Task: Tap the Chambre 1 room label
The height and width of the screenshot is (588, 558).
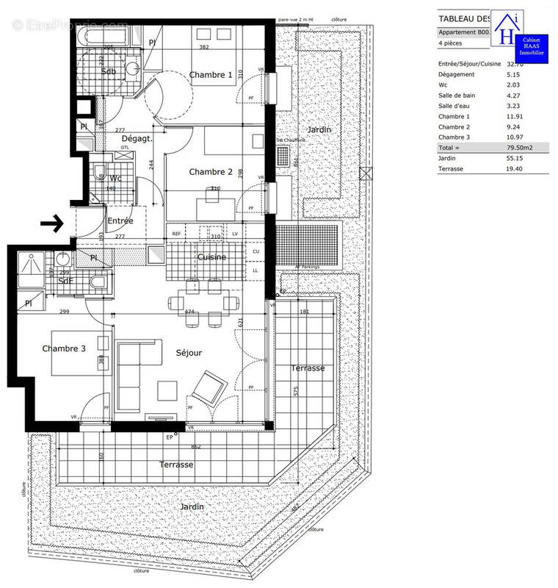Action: coord(211,75)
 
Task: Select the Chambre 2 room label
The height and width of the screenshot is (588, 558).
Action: coord(211,172)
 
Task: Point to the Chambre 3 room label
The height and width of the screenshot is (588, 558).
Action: coord(65,348)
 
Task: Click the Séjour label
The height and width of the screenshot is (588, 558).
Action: coord(189,353)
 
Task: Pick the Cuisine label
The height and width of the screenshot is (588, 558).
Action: coord(211,257)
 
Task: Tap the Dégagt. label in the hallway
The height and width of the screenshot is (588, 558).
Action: coord(137,138)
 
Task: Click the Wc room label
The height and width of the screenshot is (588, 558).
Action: coord(115,178)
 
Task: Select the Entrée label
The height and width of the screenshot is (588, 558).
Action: coord(120,220)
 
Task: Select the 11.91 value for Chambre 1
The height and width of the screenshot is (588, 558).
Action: coord(515,116)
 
